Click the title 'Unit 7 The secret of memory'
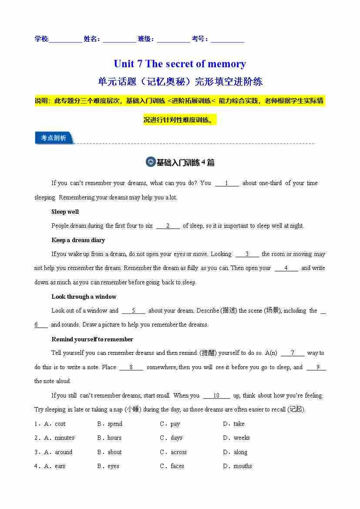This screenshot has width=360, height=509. point(180,64)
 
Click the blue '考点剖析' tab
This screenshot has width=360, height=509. point(54,138)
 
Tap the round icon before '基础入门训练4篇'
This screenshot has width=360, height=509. point(150,162)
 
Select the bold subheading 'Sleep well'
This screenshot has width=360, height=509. point(65,212)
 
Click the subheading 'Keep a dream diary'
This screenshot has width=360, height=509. point(78,240)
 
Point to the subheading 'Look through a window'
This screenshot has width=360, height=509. point(84,297)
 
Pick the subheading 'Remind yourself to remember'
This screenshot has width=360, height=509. point(92,339)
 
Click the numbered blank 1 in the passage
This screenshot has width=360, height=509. point(226,183)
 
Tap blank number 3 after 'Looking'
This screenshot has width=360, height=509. point(247,254)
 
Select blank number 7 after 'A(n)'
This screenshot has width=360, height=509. point(292,353)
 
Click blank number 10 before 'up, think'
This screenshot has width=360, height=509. point(216,396)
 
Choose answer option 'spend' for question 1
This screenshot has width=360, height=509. point(115,424)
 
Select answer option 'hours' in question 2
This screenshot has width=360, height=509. point(114,438)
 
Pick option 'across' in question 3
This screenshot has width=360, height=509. point(178,452)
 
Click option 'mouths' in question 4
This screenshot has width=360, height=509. point(242,466)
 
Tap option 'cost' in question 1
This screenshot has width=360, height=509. point(60,424)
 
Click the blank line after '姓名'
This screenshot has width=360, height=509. point(119,40)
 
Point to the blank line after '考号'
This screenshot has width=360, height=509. point(227,40)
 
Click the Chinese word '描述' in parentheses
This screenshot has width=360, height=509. point(229,311)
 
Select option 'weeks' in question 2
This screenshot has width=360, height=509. point(242,438)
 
